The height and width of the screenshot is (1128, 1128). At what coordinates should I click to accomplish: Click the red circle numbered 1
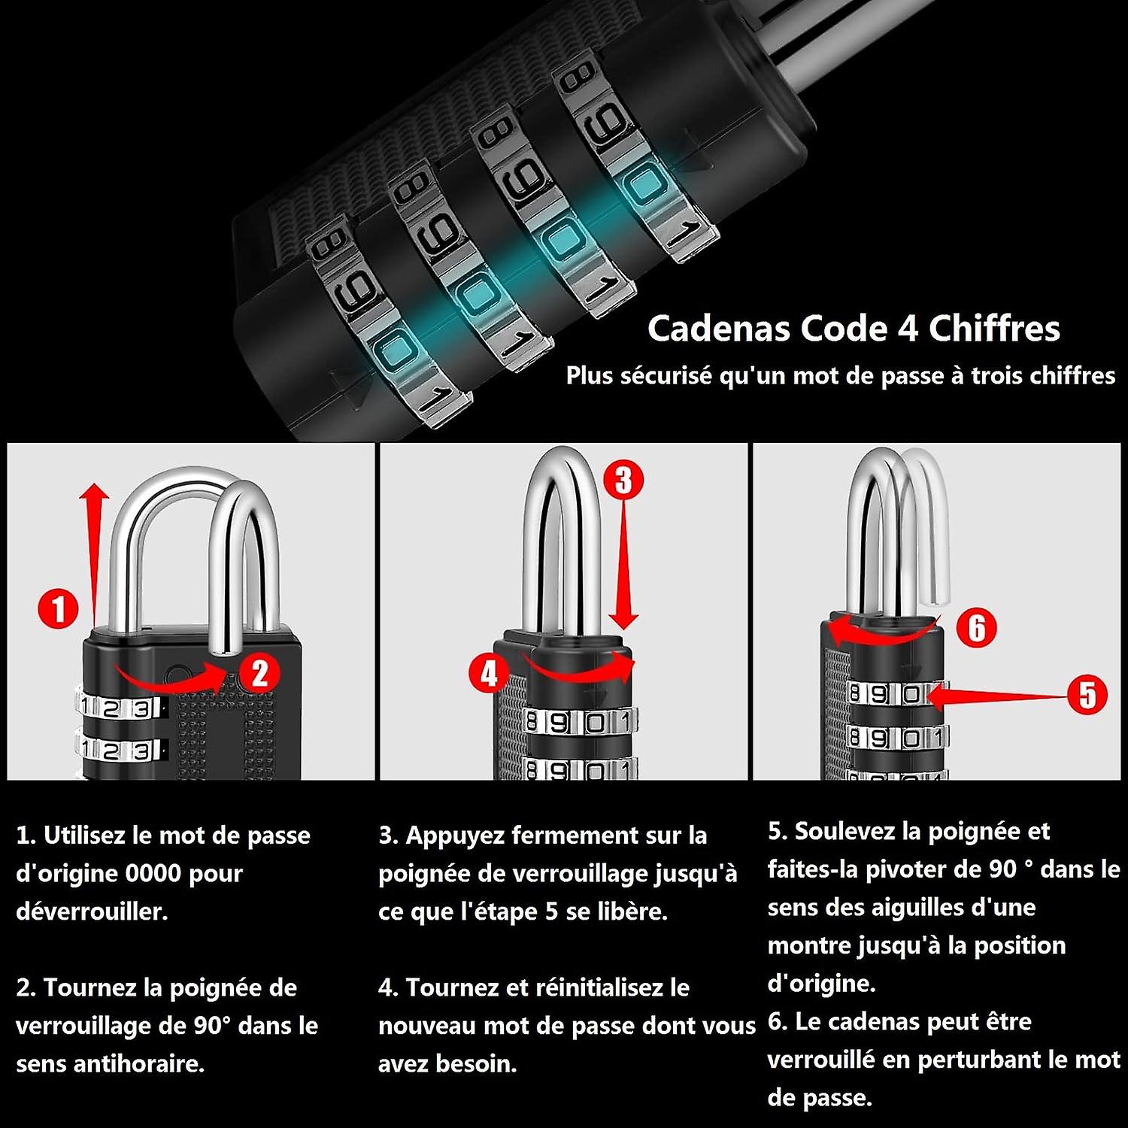[59, 608]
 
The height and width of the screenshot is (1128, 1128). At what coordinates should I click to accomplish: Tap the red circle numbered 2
[259, 672]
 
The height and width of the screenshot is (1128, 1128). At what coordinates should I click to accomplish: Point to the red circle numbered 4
[489, 672]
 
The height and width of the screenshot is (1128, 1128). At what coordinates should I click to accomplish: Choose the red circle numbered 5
[1087, 694]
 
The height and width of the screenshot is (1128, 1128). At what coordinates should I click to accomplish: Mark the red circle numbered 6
[976, 627]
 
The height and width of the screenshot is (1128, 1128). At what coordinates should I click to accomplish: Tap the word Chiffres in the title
[994, 329]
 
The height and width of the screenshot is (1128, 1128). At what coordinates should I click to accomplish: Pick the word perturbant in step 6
[981, 1060]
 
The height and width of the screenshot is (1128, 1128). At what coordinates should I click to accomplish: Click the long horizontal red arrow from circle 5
[1000, 696]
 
